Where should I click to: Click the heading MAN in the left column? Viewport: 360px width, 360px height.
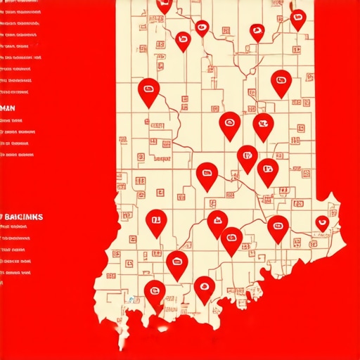(x=8, y=108)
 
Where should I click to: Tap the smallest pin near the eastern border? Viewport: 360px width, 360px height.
(x=322, y=222)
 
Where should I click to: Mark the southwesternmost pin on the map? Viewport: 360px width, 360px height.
(x=155, y=290)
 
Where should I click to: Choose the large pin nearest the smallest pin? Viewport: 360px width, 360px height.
(x=278, y=226)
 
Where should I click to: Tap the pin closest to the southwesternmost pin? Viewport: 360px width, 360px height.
(x=176, y=263)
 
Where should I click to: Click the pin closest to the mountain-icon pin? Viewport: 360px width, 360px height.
(x=231, y=239)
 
